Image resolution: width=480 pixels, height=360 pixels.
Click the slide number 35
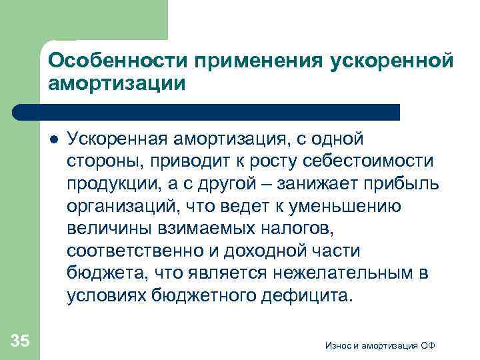(x=20, y=341)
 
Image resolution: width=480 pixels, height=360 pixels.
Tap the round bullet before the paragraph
(x=53, y=141)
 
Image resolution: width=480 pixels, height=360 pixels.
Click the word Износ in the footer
(x=337, y=345)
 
